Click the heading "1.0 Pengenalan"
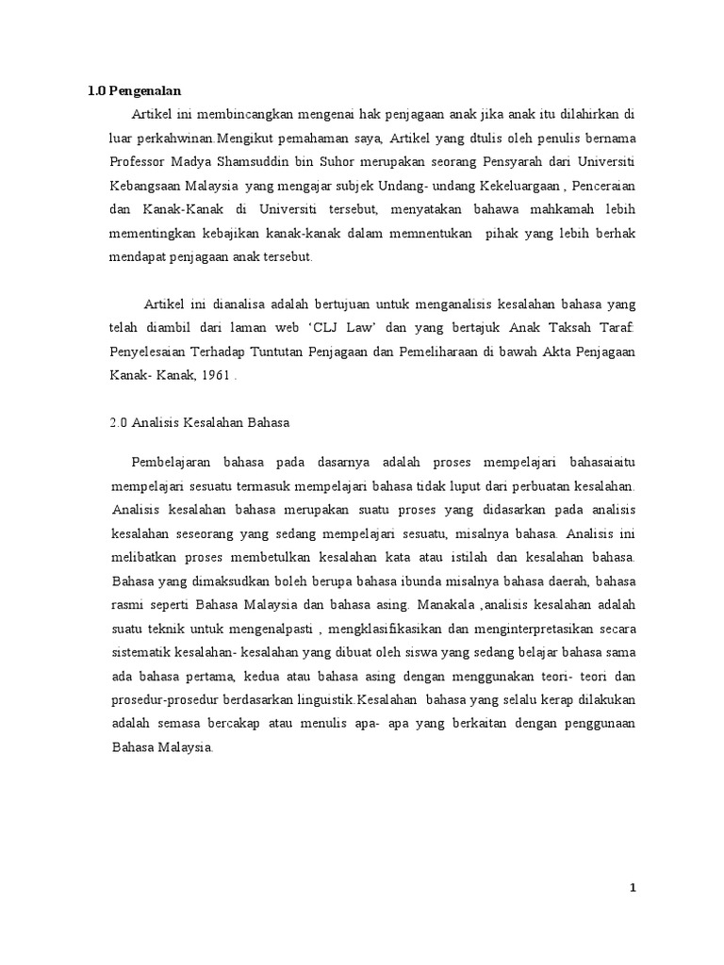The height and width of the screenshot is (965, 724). click(133, 91)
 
